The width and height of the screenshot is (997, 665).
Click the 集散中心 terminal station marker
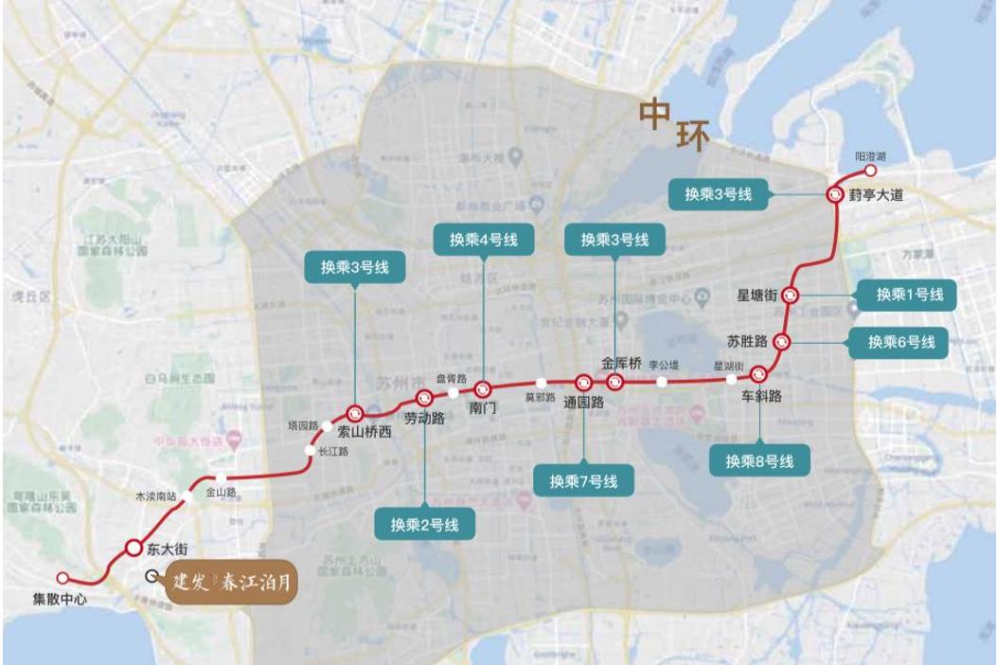[62, 577]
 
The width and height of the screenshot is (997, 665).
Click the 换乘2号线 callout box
[424, 523]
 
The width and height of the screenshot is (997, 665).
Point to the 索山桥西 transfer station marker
[355, 413]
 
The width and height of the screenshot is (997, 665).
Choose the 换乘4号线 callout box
[483, 239]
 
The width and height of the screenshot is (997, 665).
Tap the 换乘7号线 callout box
[583, 481]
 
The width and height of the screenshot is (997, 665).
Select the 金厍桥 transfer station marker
[614, 382]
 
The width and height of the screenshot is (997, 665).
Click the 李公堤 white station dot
[663, 382]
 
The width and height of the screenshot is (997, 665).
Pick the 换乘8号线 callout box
[759, 461]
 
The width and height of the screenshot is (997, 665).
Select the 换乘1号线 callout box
[908, 295]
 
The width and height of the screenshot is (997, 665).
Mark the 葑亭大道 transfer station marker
[834, 194]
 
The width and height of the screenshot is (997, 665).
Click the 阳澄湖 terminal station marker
[870, 171]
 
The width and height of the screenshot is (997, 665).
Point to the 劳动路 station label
[424, 418]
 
